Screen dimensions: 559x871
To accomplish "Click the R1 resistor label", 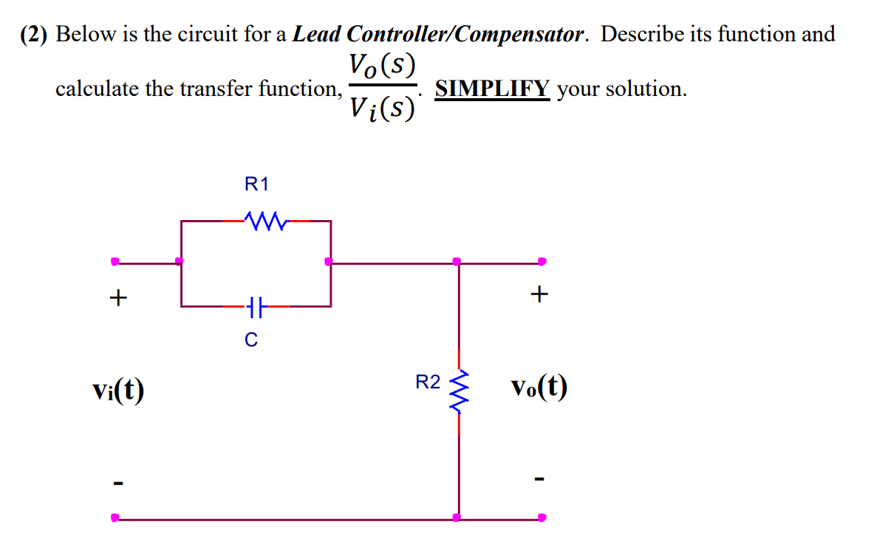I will [256, 185].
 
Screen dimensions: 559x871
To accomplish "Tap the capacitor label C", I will [251, 340].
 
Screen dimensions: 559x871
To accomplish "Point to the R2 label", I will [428, 383].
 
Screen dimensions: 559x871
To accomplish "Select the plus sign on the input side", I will [117, 298].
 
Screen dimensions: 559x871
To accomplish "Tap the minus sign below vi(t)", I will [117, 484].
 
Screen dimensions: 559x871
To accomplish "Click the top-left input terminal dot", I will [115, 261].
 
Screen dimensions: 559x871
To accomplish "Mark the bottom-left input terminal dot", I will [115, 518].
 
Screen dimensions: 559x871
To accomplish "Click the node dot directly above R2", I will [457, 261].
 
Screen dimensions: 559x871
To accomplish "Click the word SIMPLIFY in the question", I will [492, 89].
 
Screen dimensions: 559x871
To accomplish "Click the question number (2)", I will [35, 34].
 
